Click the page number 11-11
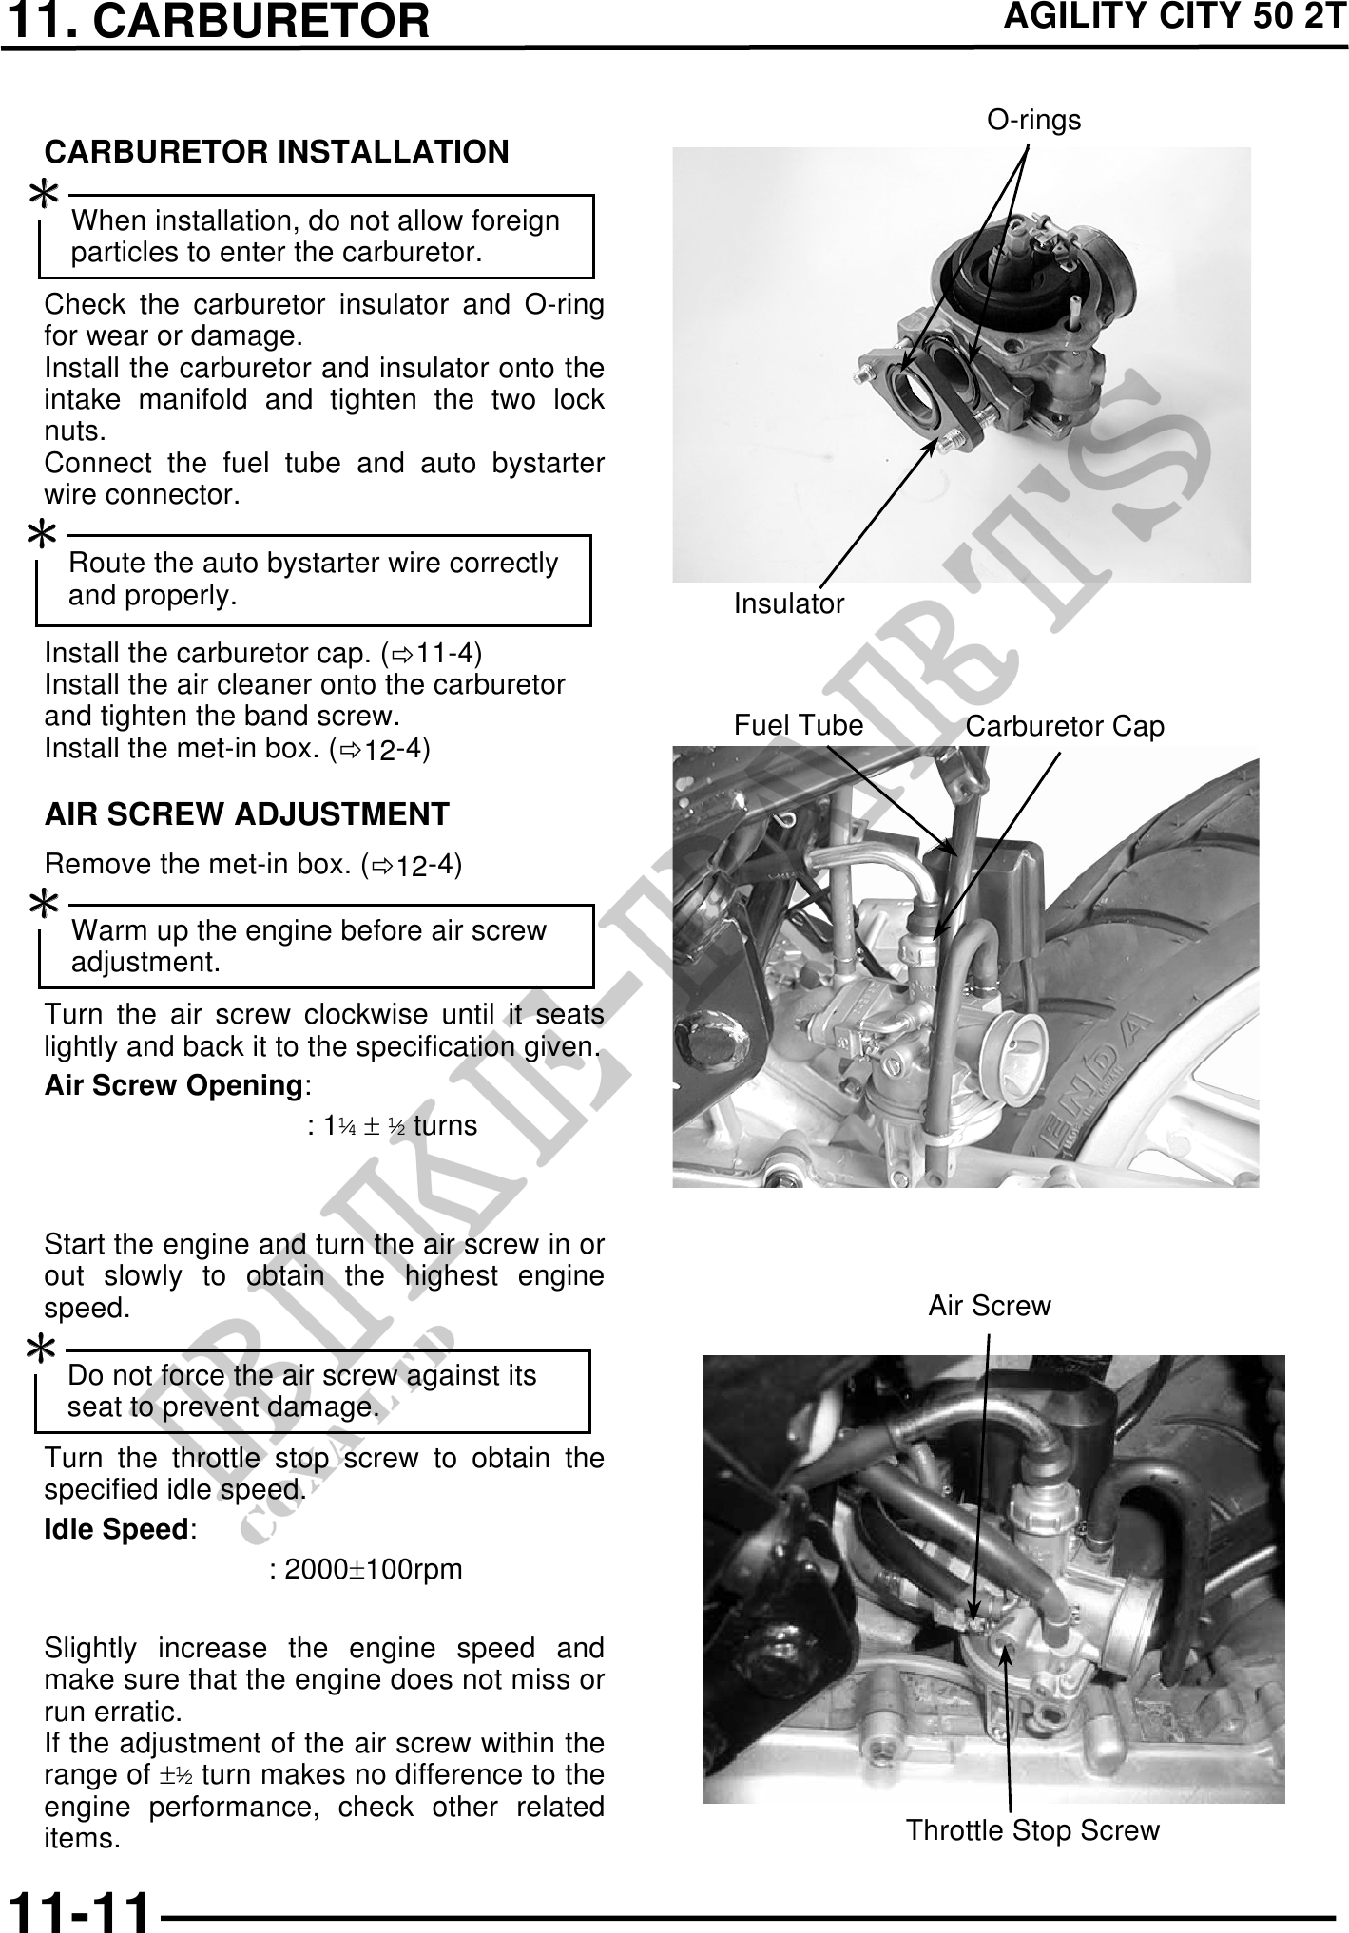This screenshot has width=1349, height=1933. [78, 1908]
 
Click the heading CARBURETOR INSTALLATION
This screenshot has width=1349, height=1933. [277, 152]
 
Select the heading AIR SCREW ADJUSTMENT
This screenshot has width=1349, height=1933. [247, 814]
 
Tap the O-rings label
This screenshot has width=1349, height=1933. [1033, 121]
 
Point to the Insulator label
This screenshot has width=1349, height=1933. [788, 604]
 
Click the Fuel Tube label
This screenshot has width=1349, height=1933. [798, 726]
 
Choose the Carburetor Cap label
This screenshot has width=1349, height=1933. [1064, 727]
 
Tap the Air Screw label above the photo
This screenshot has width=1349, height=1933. [989, 1306]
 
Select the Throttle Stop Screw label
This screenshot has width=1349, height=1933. [1032, 1830]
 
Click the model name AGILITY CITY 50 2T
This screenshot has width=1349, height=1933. [1175, 18]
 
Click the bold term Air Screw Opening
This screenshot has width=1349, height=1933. [174, 1085]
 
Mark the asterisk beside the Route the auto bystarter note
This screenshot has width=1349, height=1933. [43, 535]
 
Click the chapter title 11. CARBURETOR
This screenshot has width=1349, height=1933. [216, 22]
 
